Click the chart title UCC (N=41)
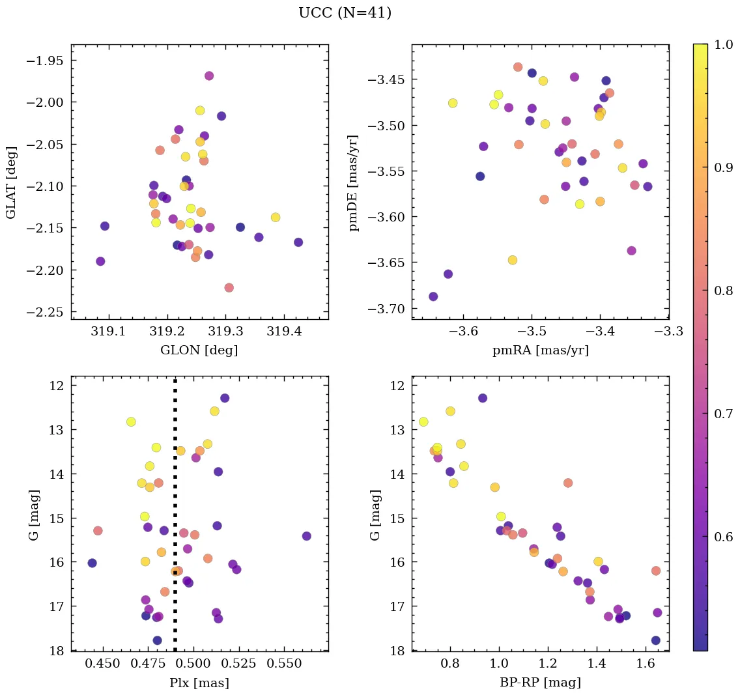(x=345, y=13)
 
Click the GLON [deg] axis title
(x=199, y=350)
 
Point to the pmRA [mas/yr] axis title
(x=540, y=350)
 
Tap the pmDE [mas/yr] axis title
(x=354, y=182)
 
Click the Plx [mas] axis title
(x=199, y=683)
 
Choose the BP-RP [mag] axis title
(x=540, y=683)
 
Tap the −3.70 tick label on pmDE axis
(x=384, y=309)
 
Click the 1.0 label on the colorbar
(x=723, y=44)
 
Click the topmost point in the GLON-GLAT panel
(x=209, y=76)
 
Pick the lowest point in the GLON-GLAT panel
(x=229, y=287)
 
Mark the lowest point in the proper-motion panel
(x=433, y=296)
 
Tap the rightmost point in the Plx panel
(x=307, y=536)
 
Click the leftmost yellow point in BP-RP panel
(x=423, y=422)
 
